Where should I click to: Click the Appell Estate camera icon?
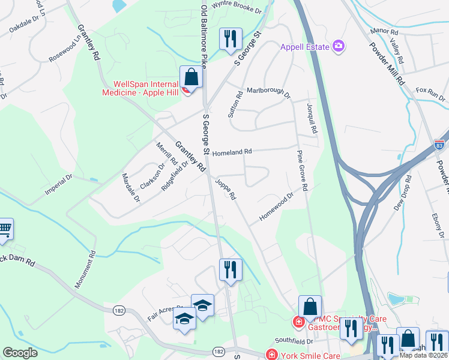click(x=339, y=46)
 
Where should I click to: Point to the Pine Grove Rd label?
click(x=301, y=171)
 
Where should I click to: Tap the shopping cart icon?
click(x=5, y=229)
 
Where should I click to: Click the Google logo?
click(x=20, y=353)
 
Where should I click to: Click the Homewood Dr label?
click(x=276, y=206)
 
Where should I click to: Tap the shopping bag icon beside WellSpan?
click(x=191, y=77)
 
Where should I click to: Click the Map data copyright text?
click(x=423, y=355)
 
